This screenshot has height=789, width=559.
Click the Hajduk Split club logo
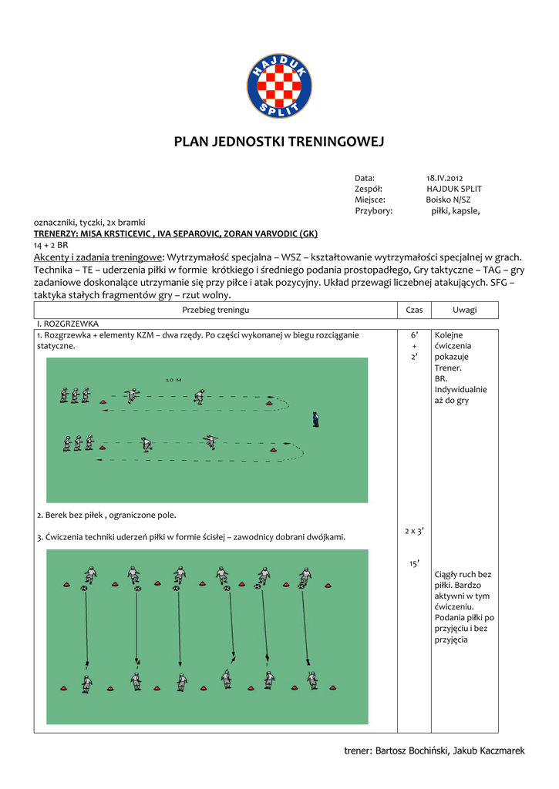coord(279,86)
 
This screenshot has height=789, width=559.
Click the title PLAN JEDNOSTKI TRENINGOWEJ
coord(278,142)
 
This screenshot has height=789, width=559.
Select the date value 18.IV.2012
coord(445,178)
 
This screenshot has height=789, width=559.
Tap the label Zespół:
coord(369,189)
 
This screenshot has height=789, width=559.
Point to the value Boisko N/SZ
coord(449,200)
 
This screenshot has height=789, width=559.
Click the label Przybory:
coord(373,210)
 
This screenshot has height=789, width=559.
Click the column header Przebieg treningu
coord(215,310)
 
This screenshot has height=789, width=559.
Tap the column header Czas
coord(414,310)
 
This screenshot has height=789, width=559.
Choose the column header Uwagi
coord(464,310)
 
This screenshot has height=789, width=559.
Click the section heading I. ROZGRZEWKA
coord(68,324)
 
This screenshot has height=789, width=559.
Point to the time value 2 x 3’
coord(414,531)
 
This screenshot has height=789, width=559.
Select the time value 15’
coord(414,565)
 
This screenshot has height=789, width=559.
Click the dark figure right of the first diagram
coord(315,419)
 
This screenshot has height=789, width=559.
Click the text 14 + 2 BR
coord(51,244)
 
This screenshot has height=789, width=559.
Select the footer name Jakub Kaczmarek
coord(489,750)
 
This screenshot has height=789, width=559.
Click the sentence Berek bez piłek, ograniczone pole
coord(106,515)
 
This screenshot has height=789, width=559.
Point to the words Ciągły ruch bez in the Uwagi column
coord(463,574)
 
